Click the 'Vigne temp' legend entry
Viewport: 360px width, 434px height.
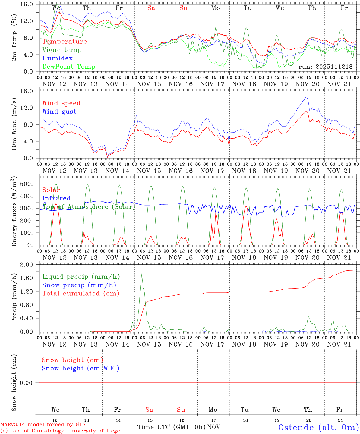(x=62, y=50)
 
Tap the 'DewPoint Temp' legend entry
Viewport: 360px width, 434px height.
(x=69, y=67)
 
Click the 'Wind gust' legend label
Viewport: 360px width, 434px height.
(x=59, y=112)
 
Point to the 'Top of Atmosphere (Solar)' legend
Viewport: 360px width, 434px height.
(x=88, y=207)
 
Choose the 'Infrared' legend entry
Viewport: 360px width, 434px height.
(x=56, y=198)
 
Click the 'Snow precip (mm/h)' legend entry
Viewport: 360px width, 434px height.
(x=79, y=285)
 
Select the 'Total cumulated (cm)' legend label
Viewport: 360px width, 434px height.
(x=81, y=294)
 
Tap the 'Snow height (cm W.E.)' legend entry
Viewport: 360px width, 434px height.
(x=80, y=368)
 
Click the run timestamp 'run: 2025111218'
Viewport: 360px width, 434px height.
(x=325, y=67)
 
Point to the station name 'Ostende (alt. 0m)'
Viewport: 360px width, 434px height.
(x=318, y=427)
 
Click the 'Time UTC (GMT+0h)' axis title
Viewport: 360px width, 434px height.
(x=171, y=427)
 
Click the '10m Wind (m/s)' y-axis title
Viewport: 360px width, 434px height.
(x=14, y=124)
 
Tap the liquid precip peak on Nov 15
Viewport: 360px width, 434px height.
(x=142, y=274)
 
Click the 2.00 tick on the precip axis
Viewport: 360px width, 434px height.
(x=30, y=265)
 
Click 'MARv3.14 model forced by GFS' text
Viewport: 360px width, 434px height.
(x=43, y=424)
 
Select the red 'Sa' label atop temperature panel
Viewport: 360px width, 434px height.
(x=151, y=8)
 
